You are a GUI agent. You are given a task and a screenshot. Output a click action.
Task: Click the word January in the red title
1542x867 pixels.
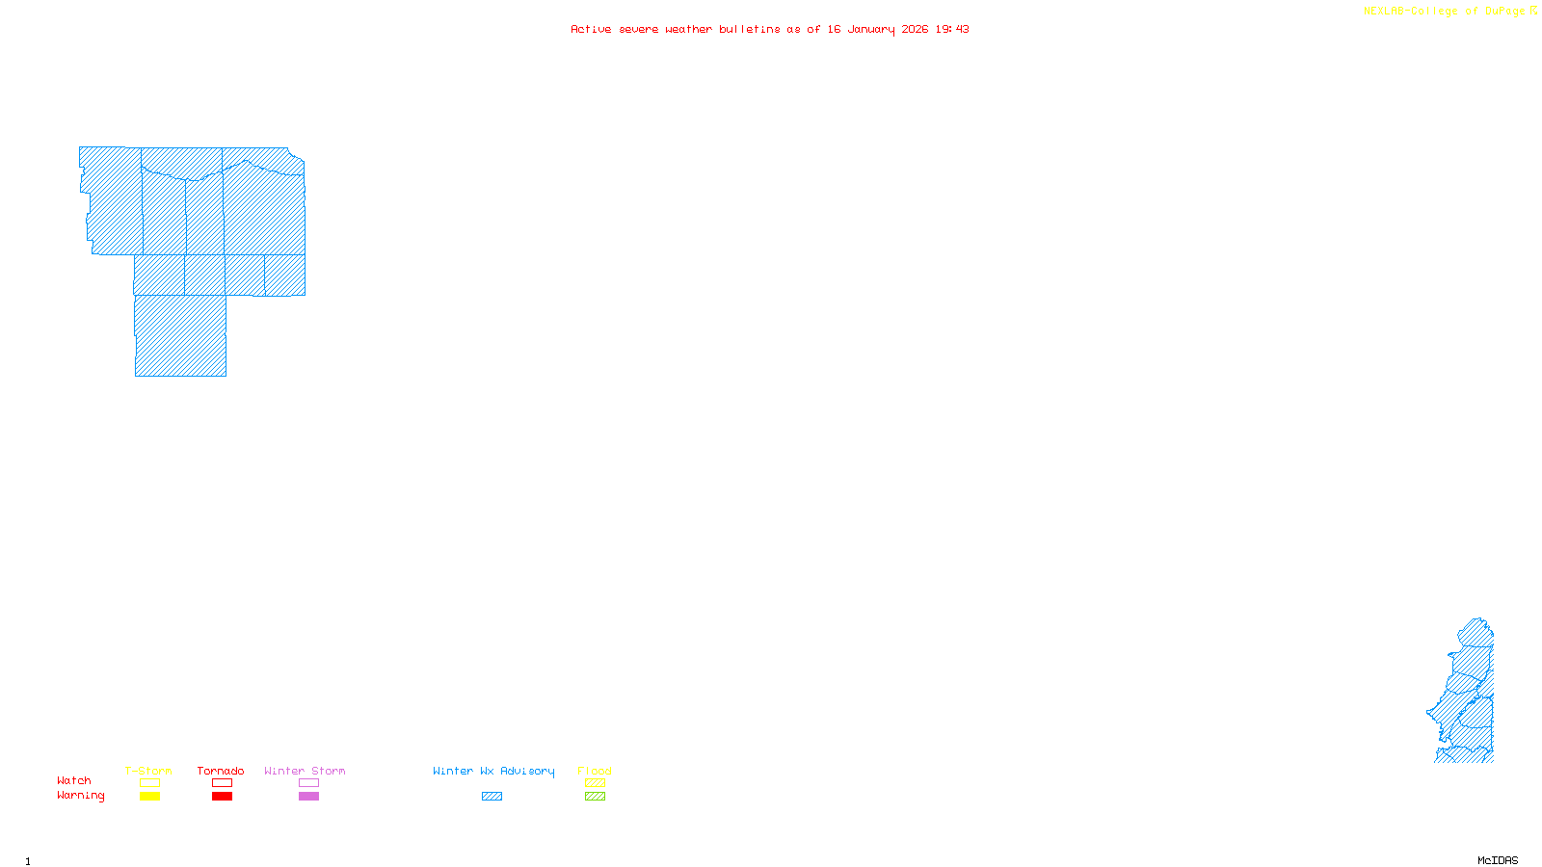(x=871, y=29)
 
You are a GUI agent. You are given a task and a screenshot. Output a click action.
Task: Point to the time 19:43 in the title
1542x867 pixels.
(x=952, y=29)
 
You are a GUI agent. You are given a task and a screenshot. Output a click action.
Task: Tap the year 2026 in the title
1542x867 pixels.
(x=915, y=29)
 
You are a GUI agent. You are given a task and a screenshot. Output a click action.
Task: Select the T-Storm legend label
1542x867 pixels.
(x=148, y=771)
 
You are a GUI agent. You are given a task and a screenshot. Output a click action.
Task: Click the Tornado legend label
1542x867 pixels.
(x=221, y=771)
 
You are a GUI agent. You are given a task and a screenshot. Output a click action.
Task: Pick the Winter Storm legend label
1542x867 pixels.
(x=305, y=771)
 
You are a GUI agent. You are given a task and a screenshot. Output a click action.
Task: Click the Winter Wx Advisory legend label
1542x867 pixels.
(x=493, y=771)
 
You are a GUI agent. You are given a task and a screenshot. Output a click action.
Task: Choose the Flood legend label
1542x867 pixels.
(x=595, y=771)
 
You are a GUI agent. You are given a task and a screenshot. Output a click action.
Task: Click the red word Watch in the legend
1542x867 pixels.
(x=74, y=780)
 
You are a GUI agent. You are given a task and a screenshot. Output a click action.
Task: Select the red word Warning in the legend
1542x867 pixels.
(x=81, y=796)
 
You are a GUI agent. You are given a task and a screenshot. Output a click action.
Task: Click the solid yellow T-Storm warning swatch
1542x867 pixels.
(x=149, y=797)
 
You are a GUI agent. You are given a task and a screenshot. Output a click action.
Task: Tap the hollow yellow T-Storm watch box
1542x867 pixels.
(x=149, y=783)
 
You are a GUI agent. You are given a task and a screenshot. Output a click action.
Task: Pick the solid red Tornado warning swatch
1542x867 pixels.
(x=222, y=797)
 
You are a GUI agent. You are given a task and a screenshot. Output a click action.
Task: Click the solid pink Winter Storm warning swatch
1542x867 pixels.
(x=308, y=797)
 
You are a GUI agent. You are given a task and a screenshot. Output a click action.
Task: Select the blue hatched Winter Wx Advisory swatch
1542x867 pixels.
(x=492, y=797)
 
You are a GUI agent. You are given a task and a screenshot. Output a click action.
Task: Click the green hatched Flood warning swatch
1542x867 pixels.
(x=595, y=797)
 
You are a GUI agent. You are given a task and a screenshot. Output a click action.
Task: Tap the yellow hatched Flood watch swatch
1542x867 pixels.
(x=595, y=783)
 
